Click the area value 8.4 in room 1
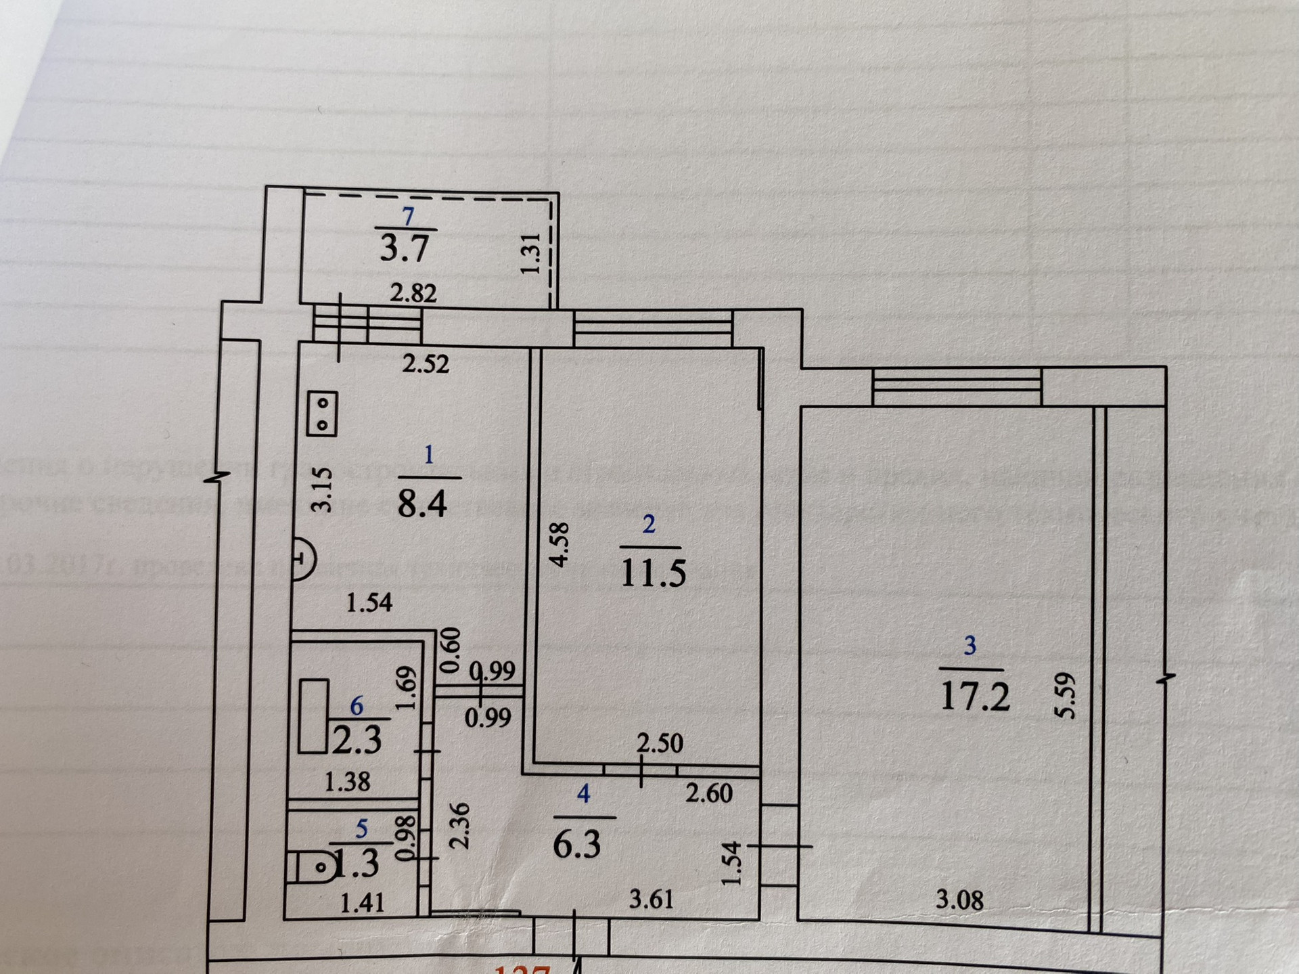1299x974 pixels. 422,504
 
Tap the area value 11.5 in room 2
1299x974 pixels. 653,573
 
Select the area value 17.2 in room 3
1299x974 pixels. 975,696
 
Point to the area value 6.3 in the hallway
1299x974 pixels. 577,845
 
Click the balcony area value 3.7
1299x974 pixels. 404,247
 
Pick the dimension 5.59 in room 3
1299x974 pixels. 1064,695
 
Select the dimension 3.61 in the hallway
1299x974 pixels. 651,899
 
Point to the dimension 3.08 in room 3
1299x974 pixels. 959,900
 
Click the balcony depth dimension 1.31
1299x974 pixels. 531,254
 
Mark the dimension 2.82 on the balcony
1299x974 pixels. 413,293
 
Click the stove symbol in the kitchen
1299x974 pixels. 322,414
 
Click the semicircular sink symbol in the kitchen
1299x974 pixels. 304,559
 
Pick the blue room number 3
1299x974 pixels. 970,646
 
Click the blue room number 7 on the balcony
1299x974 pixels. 407,217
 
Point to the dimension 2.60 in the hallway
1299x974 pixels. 708,793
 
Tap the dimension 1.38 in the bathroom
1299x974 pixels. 347,782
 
